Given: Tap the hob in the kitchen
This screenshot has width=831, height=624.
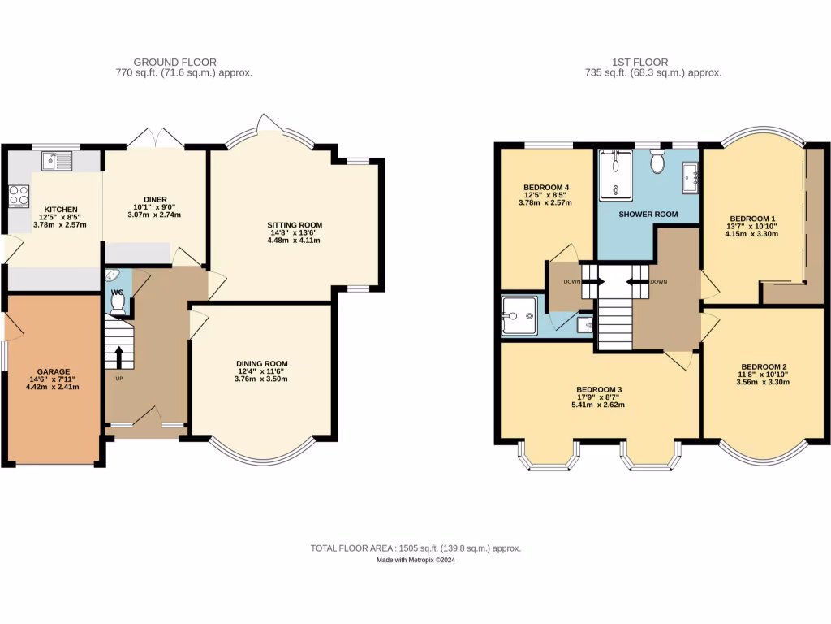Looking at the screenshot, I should [x=18, y=195].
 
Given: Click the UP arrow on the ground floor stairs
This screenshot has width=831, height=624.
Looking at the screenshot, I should [x=119, y=357].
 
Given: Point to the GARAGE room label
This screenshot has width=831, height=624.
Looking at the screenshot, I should [x=52, y=370].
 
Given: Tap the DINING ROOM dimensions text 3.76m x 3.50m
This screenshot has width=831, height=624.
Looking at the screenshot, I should [x=261, y=379].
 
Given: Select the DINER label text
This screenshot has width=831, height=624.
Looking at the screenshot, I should [x=155, y=199].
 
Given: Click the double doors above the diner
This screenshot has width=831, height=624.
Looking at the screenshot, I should [x=156, y=137].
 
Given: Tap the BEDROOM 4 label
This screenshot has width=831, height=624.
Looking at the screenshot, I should [x=545, y=187].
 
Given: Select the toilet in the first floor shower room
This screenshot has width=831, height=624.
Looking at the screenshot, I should [x=658, y=163].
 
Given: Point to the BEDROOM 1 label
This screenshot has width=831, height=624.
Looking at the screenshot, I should [x=752, y=218].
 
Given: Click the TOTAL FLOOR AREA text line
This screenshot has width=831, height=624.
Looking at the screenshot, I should [x=415, y=548].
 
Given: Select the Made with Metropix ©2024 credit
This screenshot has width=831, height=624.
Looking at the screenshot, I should [x=415, y=561].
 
